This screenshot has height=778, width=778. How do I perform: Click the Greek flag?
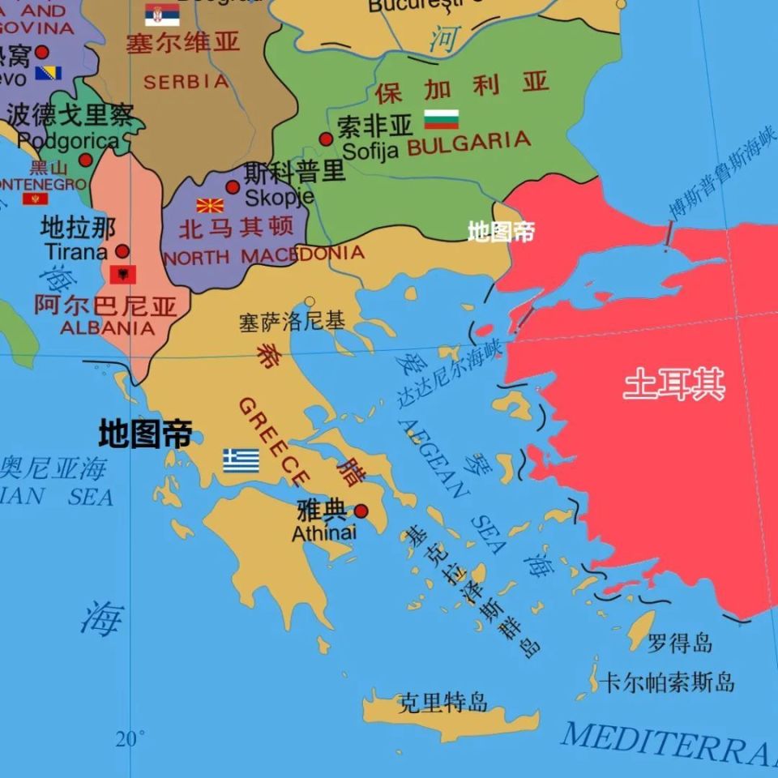click(242, 460)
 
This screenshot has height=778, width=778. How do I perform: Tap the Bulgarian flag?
click(442, 119)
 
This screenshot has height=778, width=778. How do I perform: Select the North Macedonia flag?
click(210, 205)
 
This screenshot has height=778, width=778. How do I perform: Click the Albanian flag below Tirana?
click(123, 274)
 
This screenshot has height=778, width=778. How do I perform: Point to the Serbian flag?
click(162, 14)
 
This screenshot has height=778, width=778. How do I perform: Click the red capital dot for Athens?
click(361, 511)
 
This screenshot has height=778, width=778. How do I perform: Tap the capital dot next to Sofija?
click(326, 139)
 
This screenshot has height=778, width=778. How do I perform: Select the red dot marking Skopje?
click(233, 187)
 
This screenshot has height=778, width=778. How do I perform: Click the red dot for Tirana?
click(122, 251)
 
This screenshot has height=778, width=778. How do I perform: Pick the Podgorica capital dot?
click(85, 160)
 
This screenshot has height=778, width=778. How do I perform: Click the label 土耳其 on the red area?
click(674, 384)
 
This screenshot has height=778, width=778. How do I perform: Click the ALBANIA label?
click(107, 328)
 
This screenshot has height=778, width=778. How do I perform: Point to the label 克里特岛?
click(443, 703)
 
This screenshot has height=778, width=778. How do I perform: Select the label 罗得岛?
click(680, 643)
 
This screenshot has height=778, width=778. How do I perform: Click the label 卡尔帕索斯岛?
click(667, 682)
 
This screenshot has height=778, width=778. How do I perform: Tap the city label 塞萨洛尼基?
click(292, 322)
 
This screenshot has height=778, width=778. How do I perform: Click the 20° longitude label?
click(130, 738)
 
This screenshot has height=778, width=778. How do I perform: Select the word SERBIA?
click(186, 82)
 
